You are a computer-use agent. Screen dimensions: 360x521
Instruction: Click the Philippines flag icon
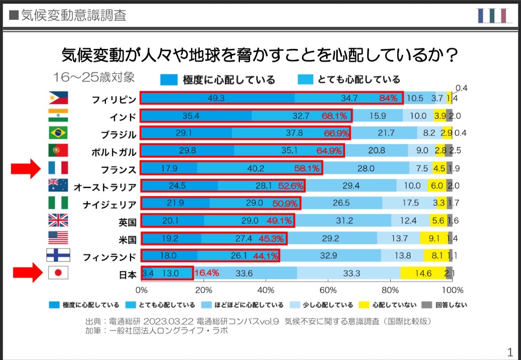click(x=58, y=98)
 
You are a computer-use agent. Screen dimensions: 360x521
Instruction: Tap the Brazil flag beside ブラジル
click(x=58, y=133)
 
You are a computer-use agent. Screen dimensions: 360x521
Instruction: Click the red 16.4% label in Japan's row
click(x=206, y=273)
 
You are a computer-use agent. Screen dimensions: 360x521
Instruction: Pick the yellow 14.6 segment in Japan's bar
click(x=423, y=273)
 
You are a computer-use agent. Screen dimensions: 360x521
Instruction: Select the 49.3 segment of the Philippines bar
click(x=217, y=98)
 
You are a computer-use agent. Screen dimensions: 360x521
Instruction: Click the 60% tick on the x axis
click(x=327, y=290)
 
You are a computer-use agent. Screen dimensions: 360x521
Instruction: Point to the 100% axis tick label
click(x=452, y=290)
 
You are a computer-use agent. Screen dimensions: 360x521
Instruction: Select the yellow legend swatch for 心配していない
click(x=363, y=305)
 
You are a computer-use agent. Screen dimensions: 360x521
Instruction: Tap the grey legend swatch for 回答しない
click(x=427, y=305)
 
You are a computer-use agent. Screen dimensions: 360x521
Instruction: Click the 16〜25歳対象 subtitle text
click(x=93, y=77)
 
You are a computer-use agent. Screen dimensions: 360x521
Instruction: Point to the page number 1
click(x=510, y=352)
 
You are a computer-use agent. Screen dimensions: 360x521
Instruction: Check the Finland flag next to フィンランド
click(x=58, y=255)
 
